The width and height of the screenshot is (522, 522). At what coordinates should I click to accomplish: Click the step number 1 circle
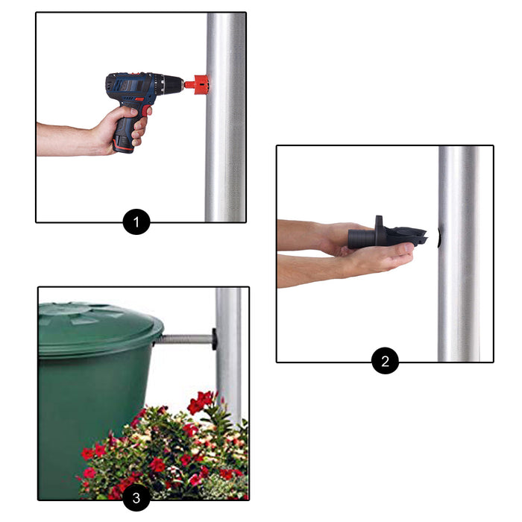coord(136,221)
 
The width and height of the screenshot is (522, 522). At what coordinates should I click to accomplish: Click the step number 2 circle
coord(385,361)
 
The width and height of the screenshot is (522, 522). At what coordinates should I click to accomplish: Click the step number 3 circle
coord(136,497)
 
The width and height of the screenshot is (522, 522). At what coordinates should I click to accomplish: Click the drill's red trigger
coord(145,111)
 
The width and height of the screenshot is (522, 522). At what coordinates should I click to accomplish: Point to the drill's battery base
coord(123,145)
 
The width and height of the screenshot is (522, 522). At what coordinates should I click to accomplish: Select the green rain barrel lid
coord(100,328)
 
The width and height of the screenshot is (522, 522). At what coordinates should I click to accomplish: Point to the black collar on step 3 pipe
coord(214,339)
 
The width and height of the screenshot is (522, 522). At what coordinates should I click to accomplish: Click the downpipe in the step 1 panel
coord(225,117)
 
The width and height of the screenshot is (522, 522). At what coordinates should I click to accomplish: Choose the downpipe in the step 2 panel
coord(459,254)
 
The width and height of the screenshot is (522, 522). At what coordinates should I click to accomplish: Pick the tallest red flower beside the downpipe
coord(201,401)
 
